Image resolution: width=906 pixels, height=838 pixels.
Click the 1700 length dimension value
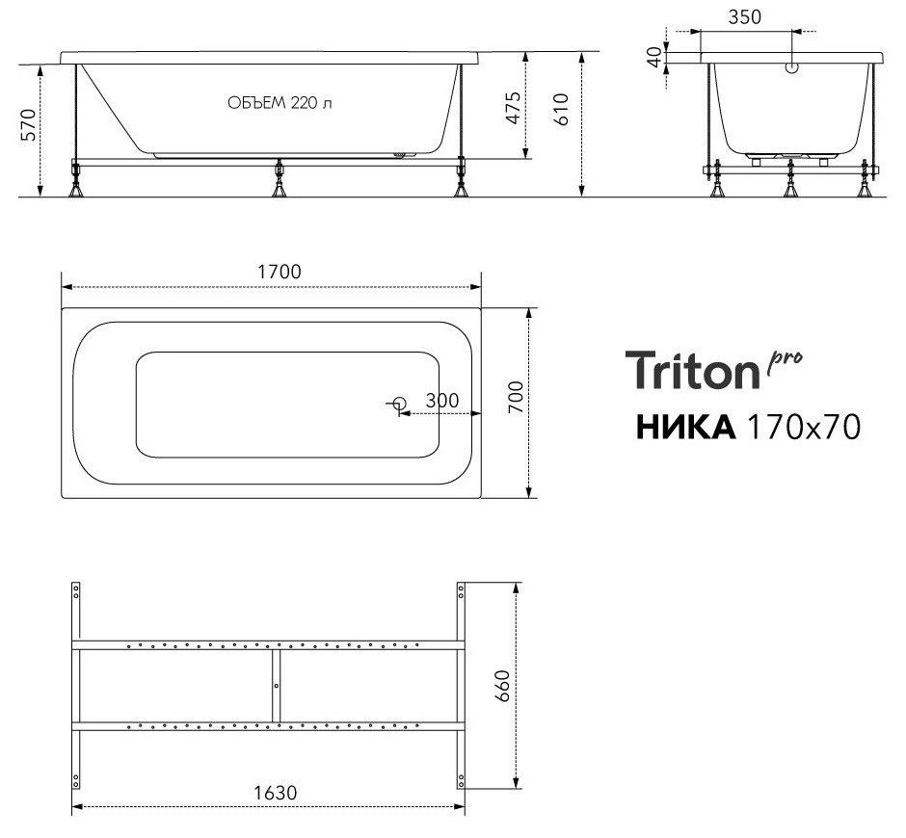pos(278,272)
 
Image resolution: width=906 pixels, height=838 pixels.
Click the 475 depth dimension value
pos(513,108)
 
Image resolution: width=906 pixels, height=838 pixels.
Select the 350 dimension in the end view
pos(745,16)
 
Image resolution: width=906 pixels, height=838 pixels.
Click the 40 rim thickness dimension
pos(656,56)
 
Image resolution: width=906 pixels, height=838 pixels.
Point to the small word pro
pos(785,358)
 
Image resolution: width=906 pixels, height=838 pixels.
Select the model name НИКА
pos(685,426)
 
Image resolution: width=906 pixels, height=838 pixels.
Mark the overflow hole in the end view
pos(792,69)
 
